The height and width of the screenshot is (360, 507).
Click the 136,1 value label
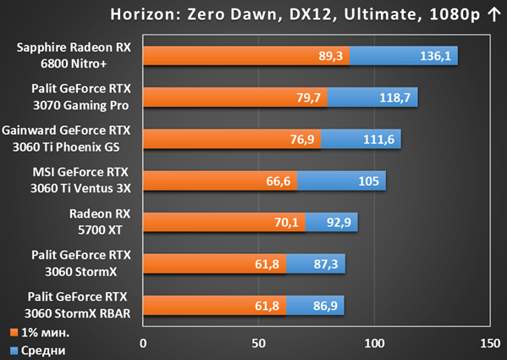point(435,56)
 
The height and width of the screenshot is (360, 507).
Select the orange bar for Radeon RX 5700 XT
point(224,222)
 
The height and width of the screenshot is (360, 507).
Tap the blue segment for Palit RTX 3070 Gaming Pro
point(372,97)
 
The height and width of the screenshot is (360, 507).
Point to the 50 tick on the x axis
point(259,344)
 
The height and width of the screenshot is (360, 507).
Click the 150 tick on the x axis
point(490,344)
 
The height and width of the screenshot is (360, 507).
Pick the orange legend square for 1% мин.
point(14,333)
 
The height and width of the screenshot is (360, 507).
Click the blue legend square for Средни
point(14,351)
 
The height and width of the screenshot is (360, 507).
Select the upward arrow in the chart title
point(494,15)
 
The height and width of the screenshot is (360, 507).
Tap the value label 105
point(368,181)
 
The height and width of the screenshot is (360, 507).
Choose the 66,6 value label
point(278,181)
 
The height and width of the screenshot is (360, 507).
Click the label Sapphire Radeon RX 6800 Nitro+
point(74,55)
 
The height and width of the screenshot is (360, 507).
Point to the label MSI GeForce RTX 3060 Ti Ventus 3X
point(80,180)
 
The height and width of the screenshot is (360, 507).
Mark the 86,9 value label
point(325,306)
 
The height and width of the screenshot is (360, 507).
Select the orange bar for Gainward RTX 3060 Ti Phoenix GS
point(232,139)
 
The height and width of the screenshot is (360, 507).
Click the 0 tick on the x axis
point(143,344)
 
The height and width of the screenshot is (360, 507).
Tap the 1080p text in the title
point(455,15)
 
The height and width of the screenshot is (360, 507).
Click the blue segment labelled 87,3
point(316,263)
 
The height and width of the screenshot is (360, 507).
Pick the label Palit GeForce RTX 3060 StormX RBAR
point(78,305)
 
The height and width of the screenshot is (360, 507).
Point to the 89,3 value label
point(330,56)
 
